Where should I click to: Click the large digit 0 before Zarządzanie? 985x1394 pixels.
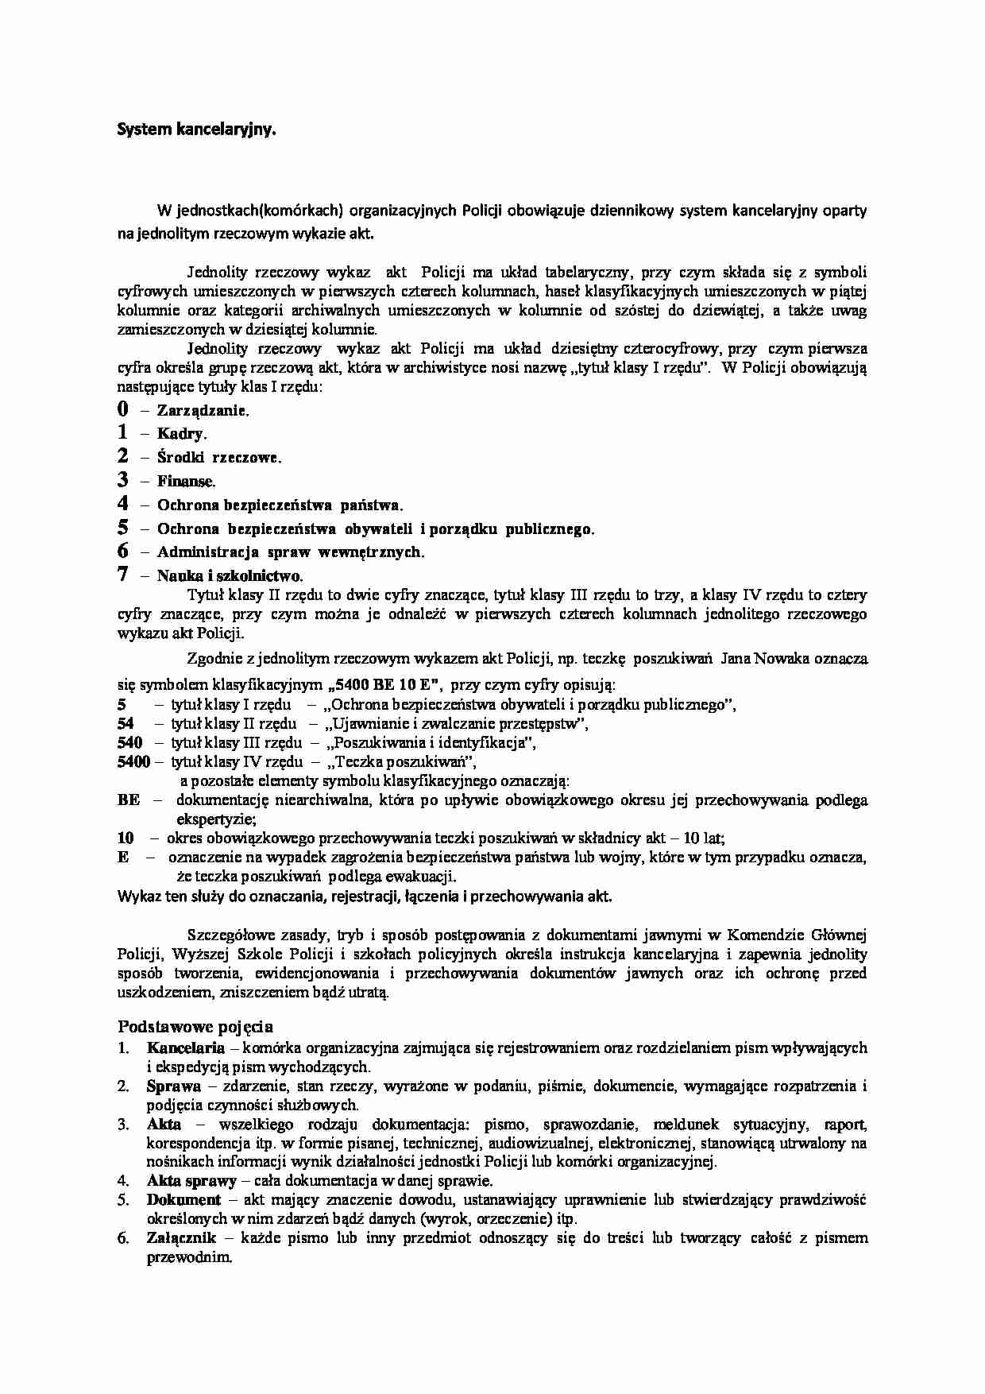click(122, 409)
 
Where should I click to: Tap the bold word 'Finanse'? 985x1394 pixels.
click(185, 481)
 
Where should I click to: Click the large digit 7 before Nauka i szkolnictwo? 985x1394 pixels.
click(122, 575)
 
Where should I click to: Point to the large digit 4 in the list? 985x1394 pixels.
click(122, 504)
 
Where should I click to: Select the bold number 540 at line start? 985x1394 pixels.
click(129, 743)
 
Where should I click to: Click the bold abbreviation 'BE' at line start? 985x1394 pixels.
click(128, 800)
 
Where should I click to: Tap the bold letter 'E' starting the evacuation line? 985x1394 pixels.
click(122, 858)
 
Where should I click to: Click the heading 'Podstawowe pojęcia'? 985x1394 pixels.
click(195, 1026)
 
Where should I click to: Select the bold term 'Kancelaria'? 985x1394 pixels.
click(180, 1048)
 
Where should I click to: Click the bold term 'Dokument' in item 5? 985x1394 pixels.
click(183, 1200)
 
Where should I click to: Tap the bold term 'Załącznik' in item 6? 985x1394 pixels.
click(180, 1238)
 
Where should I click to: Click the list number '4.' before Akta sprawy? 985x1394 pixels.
click(124, 1181)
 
